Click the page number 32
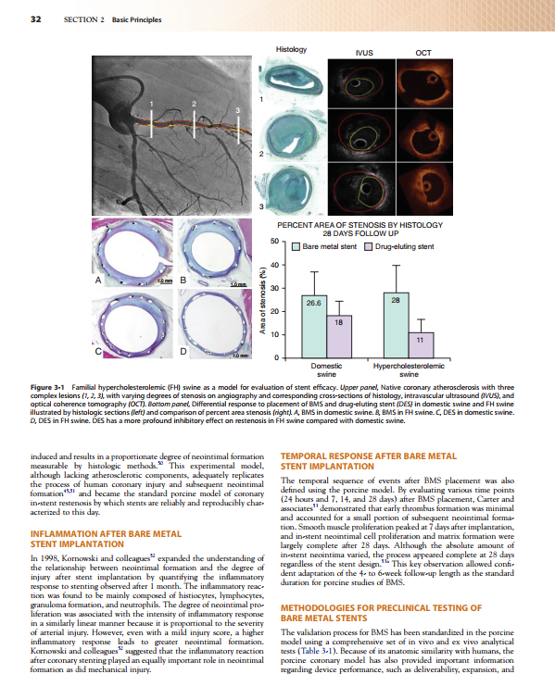click(x=35, y=20)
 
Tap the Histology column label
click(x=293, y=47)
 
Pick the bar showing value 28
click(x=396, y=324)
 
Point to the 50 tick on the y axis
click(x=274, y=243)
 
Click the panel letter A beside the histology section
click(x=97, y=279)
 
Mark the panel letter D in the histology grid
click(x=182, y=352)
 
